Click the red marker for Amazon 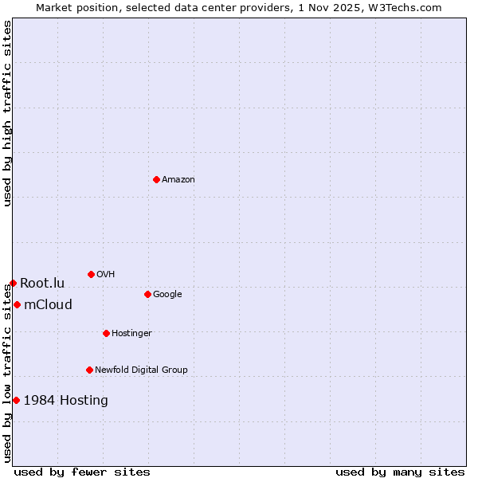(156, 179)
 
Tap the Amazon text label (178, 180)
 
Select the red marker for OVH (91, 274)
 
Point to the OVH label (106, 275)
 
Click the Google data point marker (147, 294)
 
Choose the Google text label (167, 295)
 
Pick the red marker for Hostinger (106, 333)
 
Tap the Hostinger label (131, 334)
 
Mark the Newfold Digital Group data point (89, 370)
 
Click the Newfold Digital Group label (141, 370)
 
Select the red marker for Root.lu (13, 283)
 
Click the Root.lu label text (42, 284)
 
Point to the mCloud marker (17, 304)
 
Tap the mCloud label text (48, 305)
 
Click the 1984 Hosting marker (16, 400)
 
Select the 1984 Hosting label (65, 401)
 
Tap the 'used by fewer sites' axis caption (82, 472)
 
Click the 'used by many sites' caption (400, 472)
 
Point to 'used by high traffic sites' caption (7, 113)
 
